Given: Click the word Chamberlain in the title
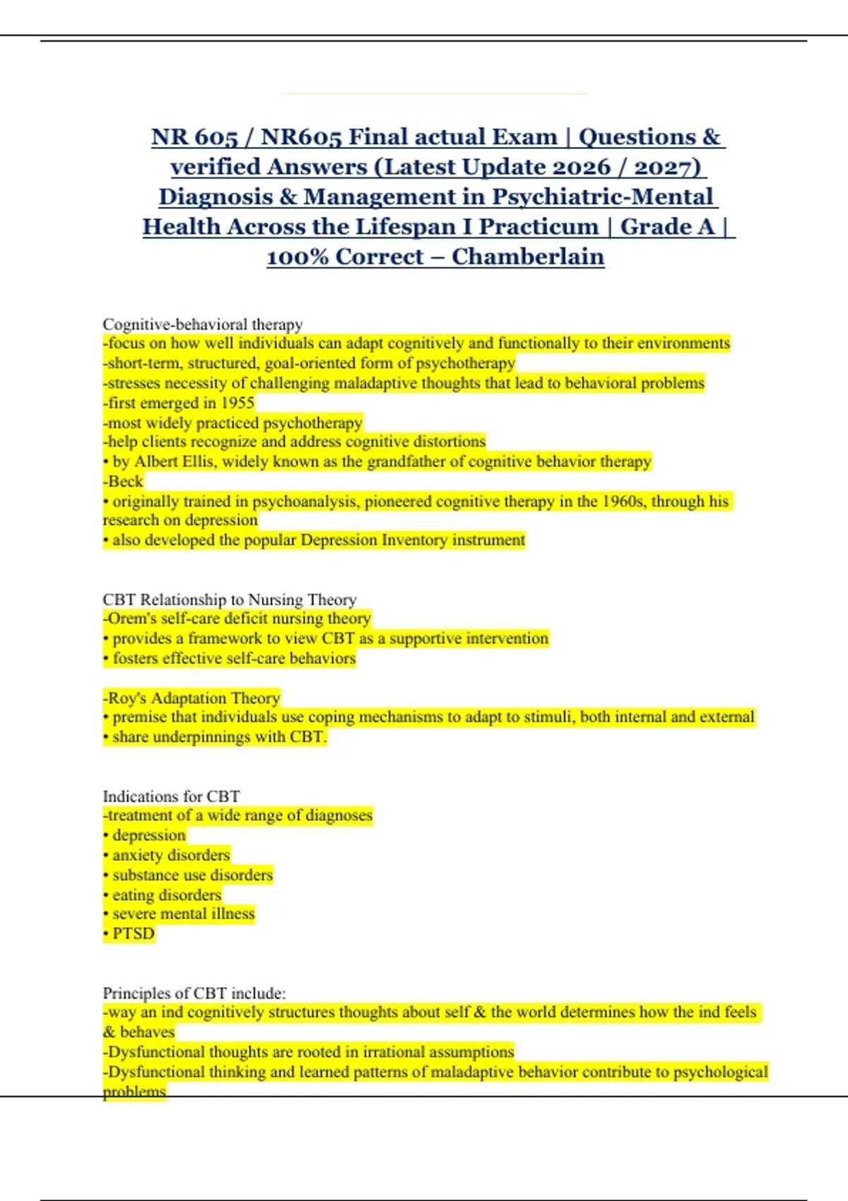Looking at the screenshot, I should click(528, 256).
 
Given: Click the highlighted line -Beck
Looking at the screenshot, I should click(124, 482).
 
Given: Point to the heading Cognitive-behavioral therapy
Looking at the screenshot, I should click(203, 324).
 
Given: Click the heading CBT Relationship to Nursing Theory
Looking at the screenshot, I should click(230, 600).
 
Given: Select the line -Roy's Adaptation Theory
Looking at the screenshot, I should click(192, 698).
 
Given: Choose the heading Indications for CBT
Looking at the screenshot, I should click(172, 796).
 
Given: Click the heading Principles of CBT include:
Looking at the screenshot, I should click(194, 993).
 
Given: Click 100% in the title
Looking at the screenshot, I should click(297, 256).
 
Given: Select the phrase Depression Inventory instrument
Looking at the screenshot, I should click(413, 540).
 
